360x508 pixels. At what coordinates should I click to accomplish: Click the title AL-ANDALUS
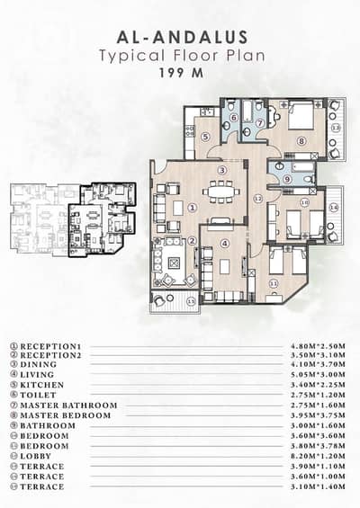pyautogui.click(x=180, y=38)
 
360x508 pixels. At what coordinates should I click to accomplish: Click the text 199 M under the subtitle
pyautogui.click(x=180, y=73)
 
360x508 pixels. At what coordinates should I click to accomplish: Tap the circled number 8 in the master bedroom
pyautogui.click(x=302, y=141)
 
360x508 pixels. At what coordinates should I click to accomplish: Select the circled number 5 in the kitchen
pyautogui.click(x=205, y=137)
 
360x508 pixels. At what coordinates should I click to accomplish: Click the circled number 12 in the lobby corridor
pyautogui.click(x=257, y=198)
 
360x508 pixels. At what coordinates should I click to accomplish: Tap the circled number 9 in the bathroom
pyautogui.click(x=286, y=179)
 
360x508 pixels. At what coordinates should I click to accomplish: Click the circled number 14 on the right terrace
pyautogui.click(x=333, y=208)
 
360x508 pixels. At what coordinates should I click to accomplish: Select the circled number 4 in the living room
pyautogui.click(x=225, y=243)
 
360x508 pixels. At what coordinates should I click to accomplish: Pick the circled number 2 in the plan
pyautogui.click(x=192, y=241)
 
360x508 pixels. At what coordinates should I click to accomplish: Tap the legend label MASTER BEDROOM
pyautogui.click(x=66, y=415)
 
